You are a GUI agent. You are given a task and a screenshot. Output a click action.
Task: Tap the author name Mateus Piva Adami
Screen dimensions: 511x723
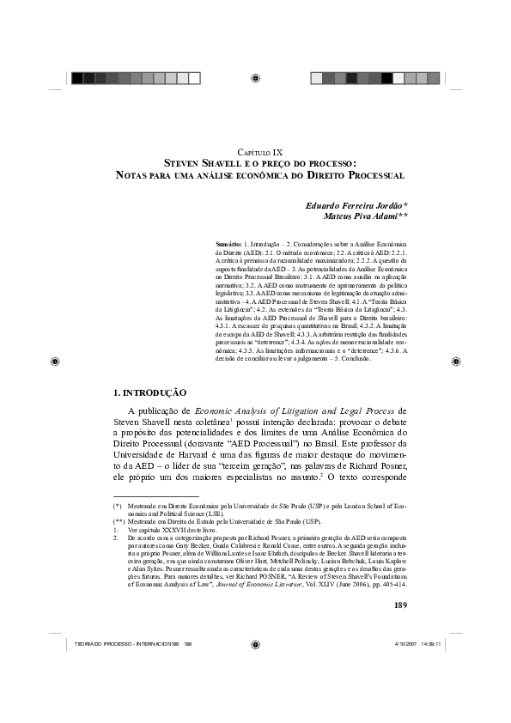coord(356,217)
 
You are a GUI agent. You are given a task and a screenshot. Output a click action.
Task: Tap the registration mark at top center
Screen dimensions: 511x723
coord(256,78)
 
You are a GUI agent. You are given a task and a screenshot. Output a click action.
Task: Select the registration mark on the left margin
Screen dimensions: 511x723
coord(54,361)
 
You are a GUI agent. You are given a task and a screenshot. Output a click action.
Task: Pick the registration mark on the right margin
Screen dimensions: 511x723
coord(458,361)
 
